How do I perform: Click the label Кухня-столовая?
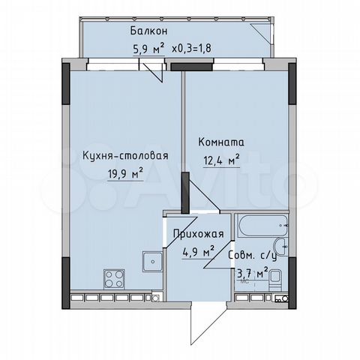click(124, 156)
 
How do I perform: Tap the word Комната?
click(221, 141)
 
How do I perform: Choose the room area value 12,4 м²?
click(219, 159)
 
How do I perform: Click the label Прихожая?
click(194, 233)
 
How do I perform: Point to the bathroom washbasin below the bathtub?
click(278, 248)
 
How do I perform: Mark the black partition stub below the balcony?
click(181, 67)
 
